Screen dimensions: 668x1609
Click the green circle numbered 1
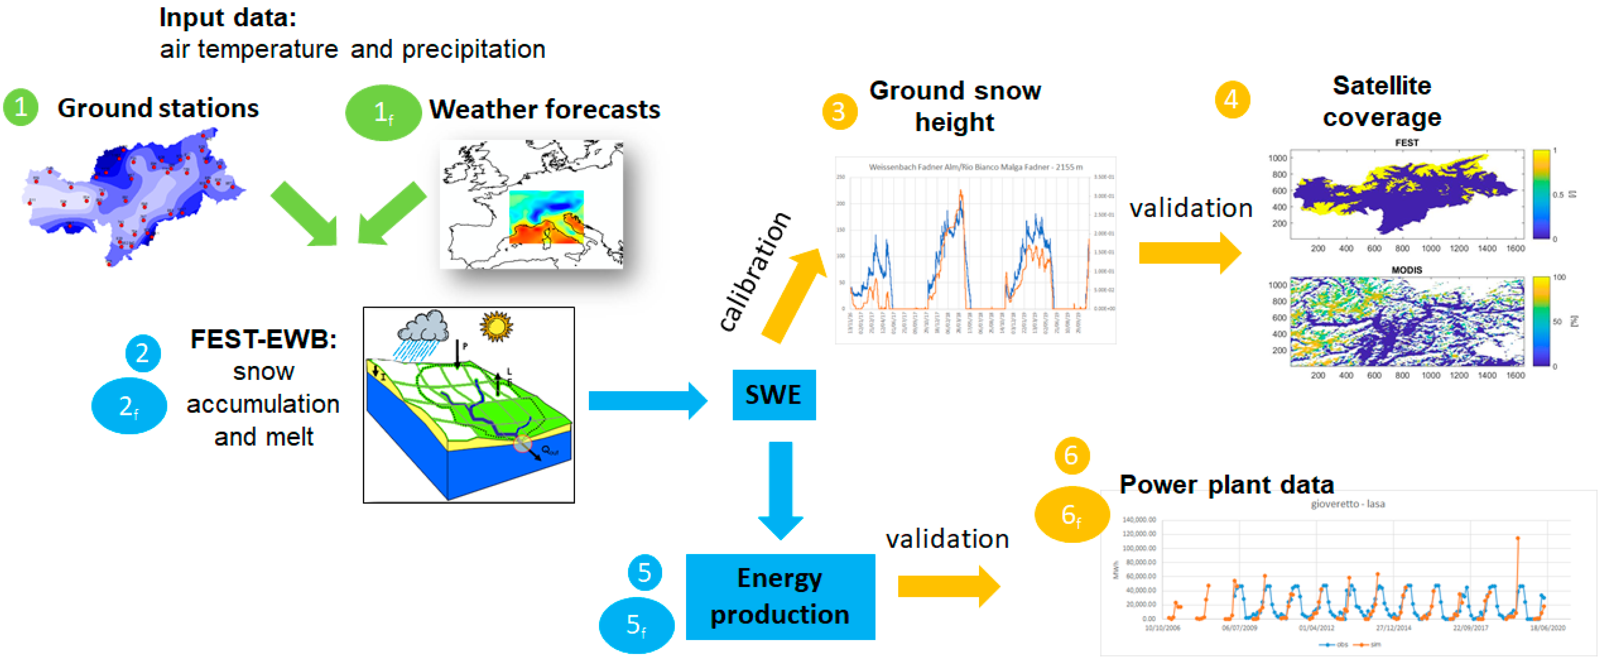pos(21,108)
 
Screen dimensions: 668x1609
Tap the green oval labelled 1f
pos(383,113)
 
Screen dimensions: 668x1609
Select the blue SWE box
pos(773,394)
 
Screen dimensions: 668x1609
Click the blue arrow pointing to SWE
pos(646,401)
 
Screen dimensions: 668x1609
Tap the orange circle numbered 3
pos(839,112)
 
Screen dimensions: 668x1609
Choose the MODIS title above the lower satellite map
pos(1406,270)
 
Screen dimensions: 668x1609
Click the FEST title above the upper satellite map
pos(1406,142)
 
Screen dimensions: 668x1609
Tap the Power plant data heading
pos(1226,484)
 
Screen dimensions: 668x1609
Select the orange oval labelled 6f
pos(1071,514)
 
